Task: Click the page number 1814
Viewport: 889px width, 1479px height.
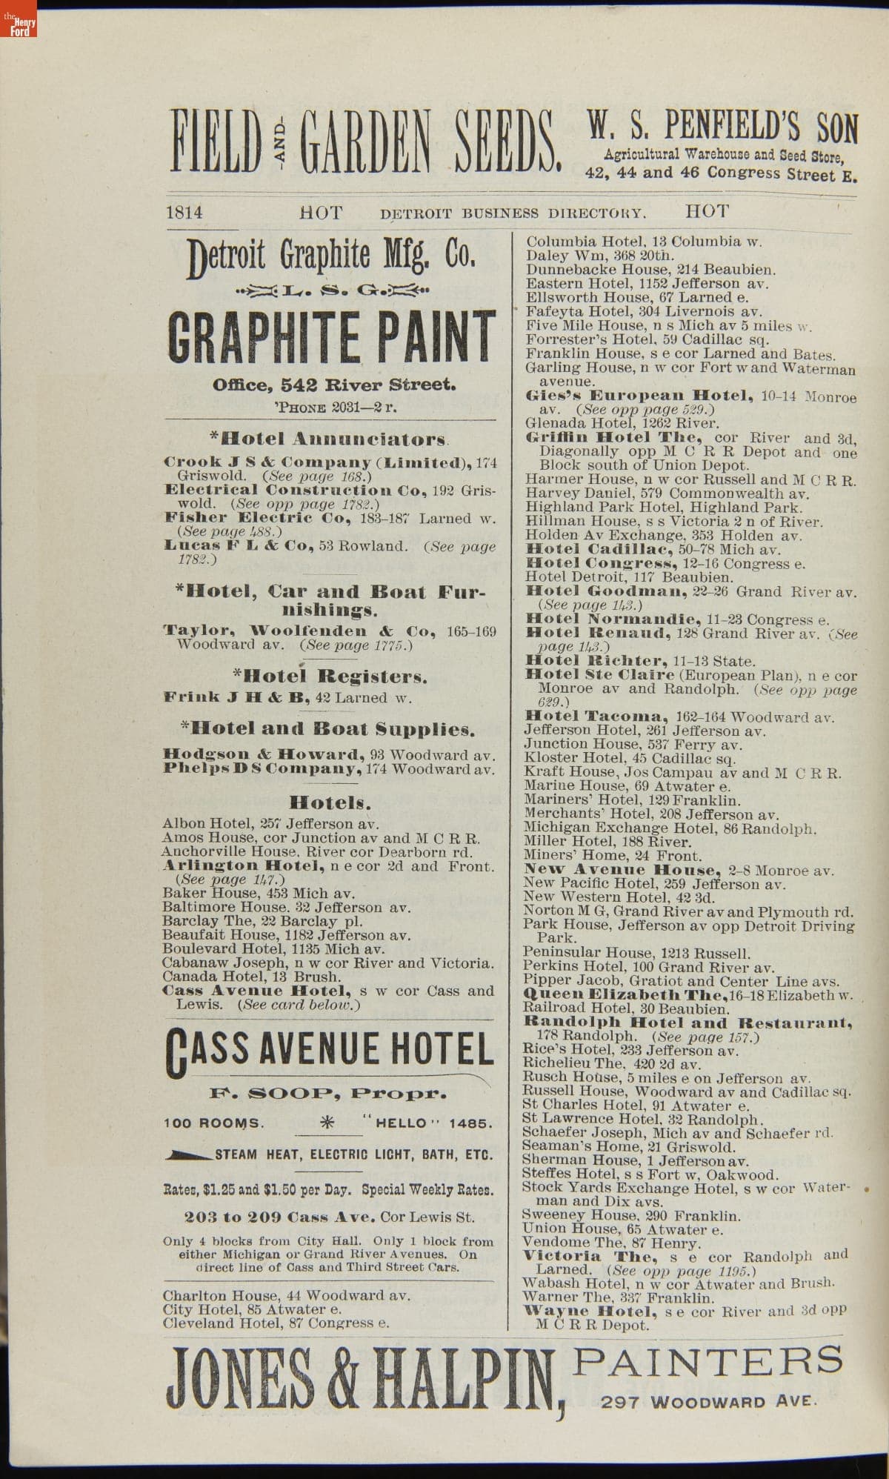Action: click(x=184, y=213)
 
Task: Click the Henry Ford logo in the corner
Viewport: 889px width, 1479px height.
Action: click(x=19, y=26)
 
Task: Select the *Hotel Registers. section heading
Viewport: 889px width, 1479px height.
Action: click(x=330, y=677)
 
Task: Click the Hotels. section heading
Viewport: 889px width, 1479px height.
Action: click(x=330, y=802)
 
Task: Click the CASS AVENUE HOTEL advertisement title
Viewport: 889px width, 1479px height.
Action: click(x=330, y=1051)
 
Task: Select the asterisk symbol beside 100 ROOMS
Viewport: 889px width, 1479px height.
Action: click(x=326, y=1123)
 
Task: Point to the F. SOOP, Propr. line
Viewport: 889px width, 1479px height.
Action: click(x=328, y=1093)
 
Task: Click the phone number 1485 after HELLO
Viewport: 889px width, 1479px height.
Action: click(x=469, y=1123)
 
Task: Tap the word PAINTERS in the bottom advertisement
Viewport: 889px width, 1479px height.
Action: click(x=709, y=1360)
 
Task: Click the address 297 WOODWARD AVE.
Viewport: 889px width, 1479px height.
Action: click(x=709, y=1402)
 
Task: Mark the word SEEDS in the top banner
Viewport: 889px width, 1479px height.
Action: click(x=505, y=140)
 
